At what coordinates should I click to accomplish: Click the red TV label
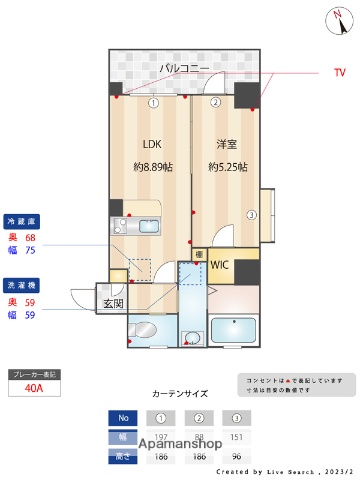click(x=339, y=73)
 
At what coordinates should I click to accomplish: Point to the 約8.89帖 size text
click(x=152, y=167)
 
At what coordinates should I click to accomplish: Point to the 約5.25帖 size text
click(x=229, y=167)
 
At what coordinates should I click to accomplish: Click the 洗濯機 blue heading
click(x=23, y=284)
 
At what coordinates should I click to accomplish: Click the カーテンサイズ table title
click(x=179, y=394)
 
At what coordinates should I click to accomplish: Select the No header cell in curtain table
click(x=124, y=418)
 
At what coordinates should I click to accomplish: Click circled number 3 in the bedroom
click(x=252, y=214)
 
